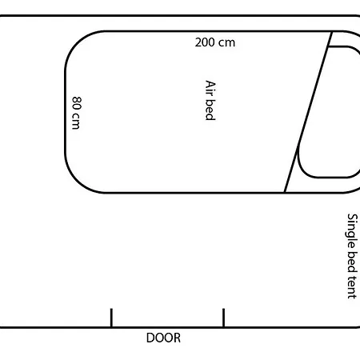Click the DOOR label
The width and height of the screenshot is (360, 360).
click(163, 338)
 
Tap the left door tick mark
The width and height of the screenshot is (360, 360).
click(111, 318)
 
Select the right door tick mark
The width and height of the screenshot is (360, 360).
click(223, 318)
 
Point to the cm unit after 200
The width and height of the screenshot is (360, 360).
click(227, 42)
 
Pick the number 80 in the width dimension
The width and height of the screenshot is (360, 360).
click(77, 103)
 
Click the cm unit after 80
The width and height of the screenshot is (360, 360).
click(77, 122)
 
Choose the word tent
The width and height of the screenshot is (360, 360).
click(351, 285)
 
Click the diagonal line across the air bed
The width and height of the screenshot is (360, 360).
click(309, 112)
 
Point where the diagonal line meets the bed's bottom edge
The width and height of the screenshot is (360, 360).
click(285, 192)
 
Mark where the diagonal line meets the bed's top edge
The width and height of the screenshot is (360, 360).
click(333, 32)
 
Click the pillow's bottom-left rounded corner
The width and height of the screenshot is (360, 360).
click(303, 169)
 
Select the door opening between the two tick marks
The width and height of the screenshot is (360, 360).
click(167, 326)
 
